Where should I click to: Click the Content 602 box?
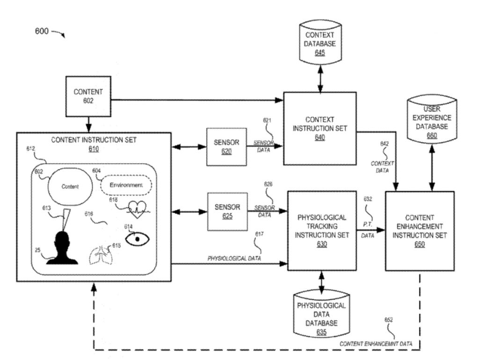(88, 97)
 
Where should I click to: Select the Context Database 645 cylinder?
(320, 43)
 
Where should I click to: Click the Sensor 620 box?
(226, 147)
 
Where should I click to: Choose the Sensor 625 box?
(227, 212)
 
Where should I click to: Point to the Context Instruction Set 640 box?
(319, 128)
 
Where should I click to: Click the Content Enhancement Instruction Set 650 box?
(419, 231)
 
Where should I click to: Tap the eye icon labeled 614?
(136, 238)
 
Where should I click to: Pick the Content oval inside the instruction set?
(70, 186)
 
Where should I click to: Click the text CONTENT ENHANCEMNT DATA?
(376, 344)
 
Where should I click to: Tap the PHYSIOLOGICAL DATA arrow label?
(234, 258)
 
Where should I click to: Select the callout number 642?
(383, 145)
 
